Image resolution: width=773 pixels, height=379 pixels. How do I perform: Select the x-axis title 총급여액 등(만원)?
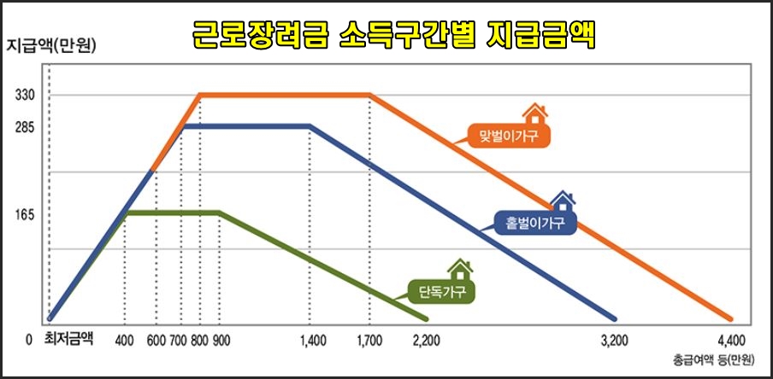713,359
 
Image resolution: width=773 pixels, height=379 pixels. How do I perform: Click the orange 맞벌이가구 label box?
509,136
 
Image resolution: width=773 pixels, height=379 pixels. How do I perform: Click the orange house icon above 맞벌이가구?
535,114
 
